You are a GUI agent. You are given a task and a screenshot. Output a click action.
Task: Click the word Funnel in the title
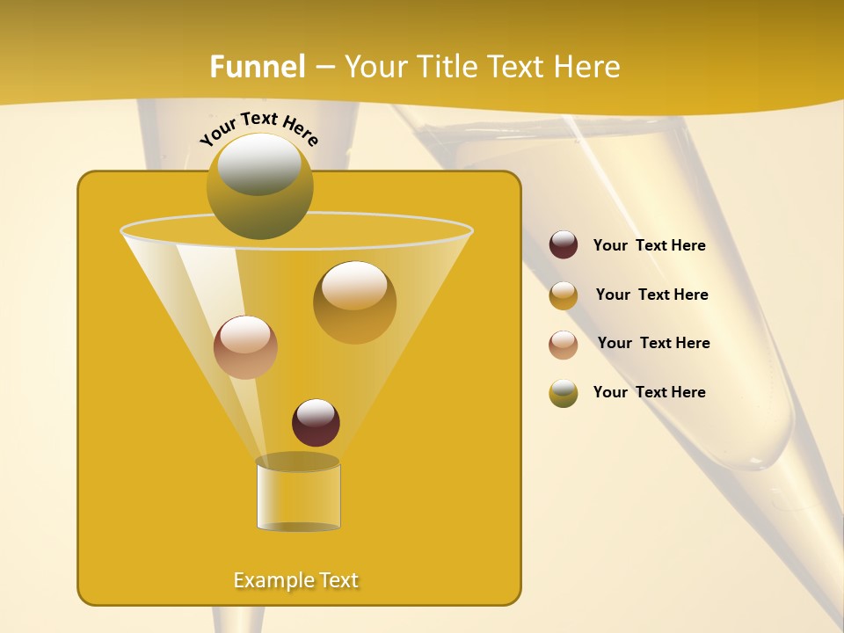point(258,67)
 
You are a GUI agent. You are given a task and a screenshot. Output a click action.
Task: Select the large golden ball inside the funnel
point(354,302)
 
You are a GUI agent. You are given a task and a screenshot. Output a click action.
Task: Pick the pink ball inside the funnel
point(245,347)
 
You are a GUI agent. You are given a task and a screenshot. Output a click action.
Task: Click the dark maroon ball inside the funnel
point(316,423)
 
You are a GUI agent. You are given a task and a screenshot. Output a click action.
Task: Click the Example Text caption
point(296,580)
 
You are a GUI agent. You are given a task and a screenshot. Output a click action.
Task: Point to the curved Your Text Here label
point(258,128)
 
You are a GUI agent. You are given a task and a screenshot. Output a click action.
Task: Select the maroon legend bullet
point(564,245)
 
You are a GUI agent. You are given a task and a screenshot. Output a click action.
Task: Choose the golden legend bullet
point(564,295)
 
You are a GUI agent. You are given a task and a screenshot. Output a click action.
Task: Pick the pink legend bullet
point(564,345)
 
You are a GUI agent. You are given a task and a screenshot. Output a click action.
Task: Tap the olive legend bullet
point(564,393)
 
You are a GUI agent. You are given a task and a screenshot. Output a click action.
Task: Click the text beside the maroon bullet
point(649,246)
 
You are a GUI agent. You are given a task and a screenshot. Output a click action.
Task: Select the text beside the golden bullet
point(651,295)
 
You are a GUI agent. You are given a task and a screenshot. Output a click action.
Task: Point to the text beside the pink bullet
point(653,344)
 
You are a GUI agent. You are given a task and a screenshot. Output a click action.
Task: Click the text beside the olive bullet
point(649,392)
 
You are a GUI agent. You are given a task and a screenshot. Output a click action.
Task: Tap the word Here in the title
point(588,67)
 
